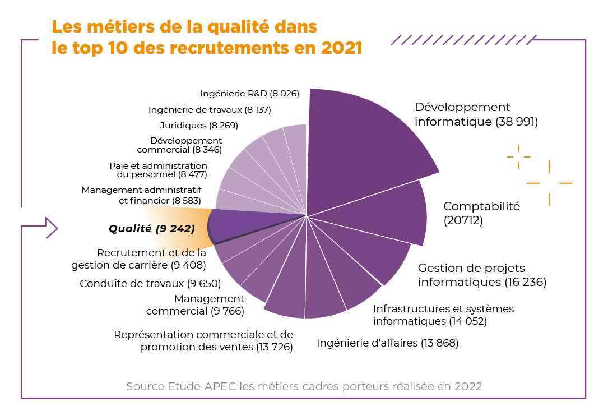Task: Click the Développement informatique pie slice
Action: tap(364, 146)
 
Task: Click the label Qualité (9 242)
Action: tap(151, 229)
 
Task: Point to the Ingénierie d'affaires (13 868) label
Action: tap(388, 343)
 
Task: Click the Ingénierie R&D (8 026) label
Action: tap(249, 94)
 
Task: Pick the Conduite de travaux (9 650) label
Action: tap(150, 284)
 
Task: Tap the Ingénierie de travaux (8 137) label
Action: tap(210, 110)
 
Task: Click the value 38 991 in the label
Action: tap(517, 122)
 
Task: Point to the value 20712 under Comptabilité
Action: tap(463, 221)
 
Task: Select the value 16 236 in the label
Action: tap(525, 282)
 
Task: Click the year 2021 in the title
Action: tap(342, 48)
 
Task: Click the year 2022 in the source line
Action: tap(468, 387)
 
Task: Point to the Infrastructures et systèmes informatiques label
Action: tap(443, 315)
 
